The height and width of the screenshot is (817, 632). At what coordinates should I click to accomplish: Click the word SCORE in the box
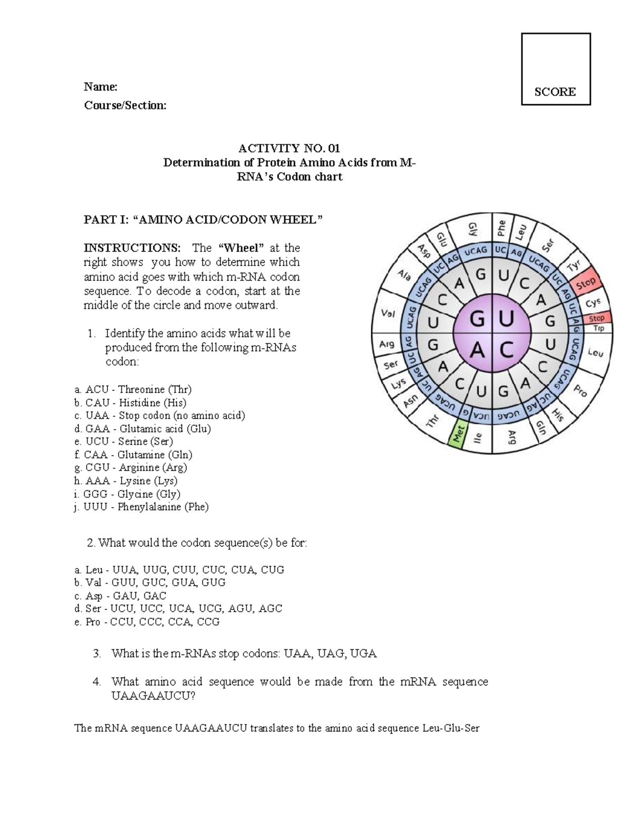tap(555, 92)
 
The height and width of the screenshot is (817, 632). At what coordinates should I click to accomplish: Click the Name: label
tap(101, 87)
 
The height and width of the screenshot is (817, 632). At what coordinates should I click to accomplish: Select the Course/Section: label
tap(125, 105)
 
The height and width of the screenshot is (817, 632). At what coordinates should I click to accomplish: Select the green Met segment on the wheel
tap(459, 435)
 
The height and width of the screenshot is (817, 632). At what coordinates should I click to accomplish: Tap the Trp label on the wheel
tap(599, 328)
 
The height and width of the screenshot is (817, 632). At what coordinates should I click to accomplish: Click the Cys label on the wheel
tap(593, 302)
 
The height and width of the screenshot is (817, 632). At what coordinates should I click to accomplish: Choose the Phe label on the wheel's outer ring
tap(501, 228)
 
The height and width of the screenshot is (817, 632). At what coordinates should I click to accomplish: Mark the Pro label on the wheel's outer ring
tap(580, 390)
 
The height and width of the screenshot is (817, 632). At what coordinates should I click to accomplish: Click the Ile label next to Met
tap(478, 438)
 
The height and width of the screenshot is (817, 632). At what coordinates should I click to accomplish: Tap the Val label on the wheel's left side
tap(388, 314)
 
